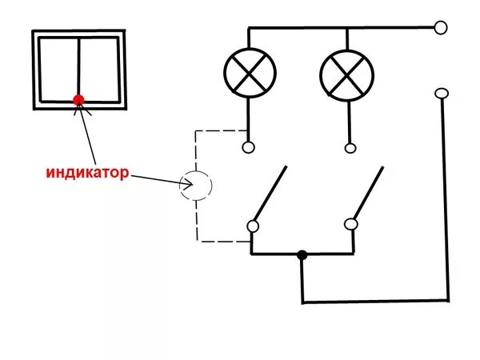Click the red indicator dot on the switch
point(78,100)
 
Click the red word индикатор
point(87,173)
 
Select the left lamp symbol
point(250,73)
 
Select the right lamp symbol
point(347,76)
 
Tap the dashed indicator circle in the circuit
point(211,186)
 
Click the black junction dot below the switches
point(302,254)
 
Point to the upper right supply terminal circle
point(441,27)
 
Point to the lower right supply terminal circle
point(442,94)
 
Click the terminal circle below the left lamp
point(248,147)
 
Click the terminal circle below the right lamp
point(350,148)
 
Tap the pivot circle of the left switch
point(253,226)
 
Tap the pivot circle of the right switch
point(351,224)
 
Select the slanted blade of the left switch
point(270,193)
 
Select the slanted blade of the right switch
point(369,193)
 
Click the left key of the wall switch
point(59,69)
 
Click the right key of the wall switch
point(99,70)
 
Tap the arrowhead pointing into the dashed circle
point(188,184)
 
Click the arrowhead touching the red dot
point(80,107)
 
